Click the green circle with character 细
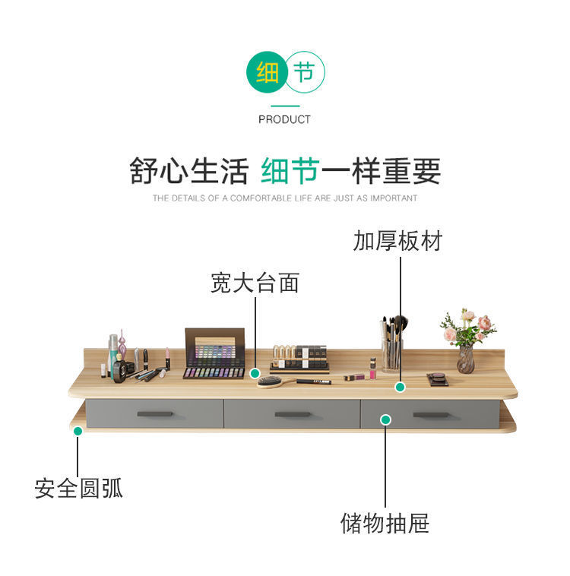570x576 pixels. pyautogui.click(x=267, y=74)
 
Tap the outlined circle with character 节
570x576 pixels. pyautogui.click(x=304, y=74)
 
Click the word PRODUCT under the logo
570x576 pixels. pyautogui.click(x=284, y=119)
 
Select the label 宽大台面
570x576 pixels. pyautogui.click(x=255, y=283)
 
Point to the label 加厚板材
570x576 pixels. pyautogui.click(x=397, y=242)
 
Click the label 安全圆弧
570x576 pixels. pyautogui.click(x=78, y=488)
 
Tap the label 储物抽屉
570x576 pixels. pyautogui.click(x=385, y=523)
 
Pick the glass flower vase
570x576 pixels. pyautogui.click(x=465, y=359)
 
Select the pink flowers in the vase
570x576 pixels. pyautogui.click(x=467, y=327)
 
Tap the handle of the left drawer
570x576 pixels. pyautogui.click(x=155, y=413)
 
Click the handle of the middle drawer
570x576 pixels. pyautogui.click(x=292, y=414)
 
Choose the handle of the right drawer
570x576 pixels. pyautogui.click(x=432, y=415)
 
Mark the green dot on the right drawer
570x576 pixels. pyautogui.click(x=385, y=419)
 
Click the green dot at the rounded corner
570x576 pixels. pyautogui.click(x=78, y=431)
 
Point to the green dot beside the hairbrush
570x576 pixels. pyautogui.click(x=255, y=373)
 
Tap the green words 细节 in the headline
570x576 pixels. pyautogui.click(x=289, y=171)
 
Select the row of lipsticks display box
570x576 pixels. pyautogui.click(x=299, y=356)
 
